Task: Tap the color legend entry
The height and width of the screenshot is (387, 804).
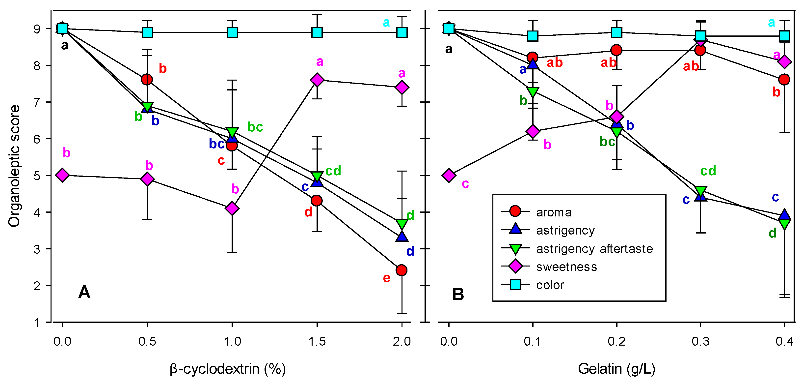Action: click(550, 285)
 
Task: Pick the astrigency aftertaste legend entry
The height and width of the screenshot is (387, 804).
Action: click(594, 249)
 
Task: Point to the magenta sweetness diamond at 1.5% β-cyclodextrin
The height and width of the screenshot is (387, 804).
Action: click(317, 80)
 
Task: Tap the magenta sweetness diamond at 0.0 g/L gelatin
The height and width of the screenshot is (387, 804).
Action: click(449, 175)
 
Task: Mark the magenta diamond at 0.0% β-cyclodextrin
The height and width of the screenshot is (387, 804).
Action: click(62, 175)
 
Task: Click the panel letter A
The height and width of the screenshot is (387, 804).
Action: click(84, 292)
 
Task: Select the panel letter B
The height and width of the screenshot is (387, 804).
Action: click(458, 294)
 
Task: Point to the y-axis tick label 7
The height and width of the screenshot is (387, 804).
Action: click(37, 102)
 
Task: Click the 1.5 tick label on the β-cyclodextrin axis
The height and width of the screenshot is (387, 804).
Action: click(317, 341)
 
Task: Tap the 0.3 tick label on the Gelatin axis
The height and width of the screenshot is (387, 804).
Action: click(700, 341)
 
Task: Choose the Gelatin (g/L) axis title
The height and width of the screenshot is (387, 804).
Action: click(616, 369)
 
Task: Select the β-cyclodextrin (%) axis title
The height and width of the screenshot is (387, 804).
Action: click(228, 369)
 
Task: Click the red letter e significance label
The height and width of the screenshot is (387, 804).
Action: click(386, 278)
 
